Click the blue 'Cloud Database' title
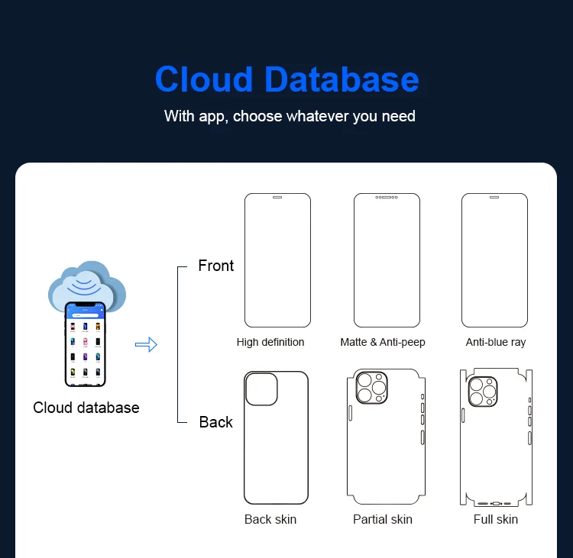287,79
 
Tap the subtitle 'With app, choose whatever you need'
290,117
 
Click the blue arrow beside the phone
146,344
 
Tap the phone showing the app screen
85,344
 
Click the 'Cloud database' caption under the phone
86,408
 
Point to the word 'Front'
216,266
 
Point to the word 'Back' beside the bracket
216,422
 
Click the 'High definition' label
270,342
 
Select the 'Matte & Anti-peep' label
383,342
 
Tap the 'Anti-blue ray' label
496,342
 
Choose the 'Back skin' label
270,519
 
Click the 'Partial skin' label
383,519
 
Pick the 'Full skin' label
496,519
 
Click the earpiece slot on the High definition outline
277,197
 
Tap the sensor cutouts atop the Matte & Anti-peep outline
387,197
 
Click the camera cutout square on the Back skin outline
261,389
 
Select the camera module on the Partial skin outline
371,388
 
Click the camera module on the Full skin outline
483,392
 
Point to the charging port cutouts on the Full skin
496,504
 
